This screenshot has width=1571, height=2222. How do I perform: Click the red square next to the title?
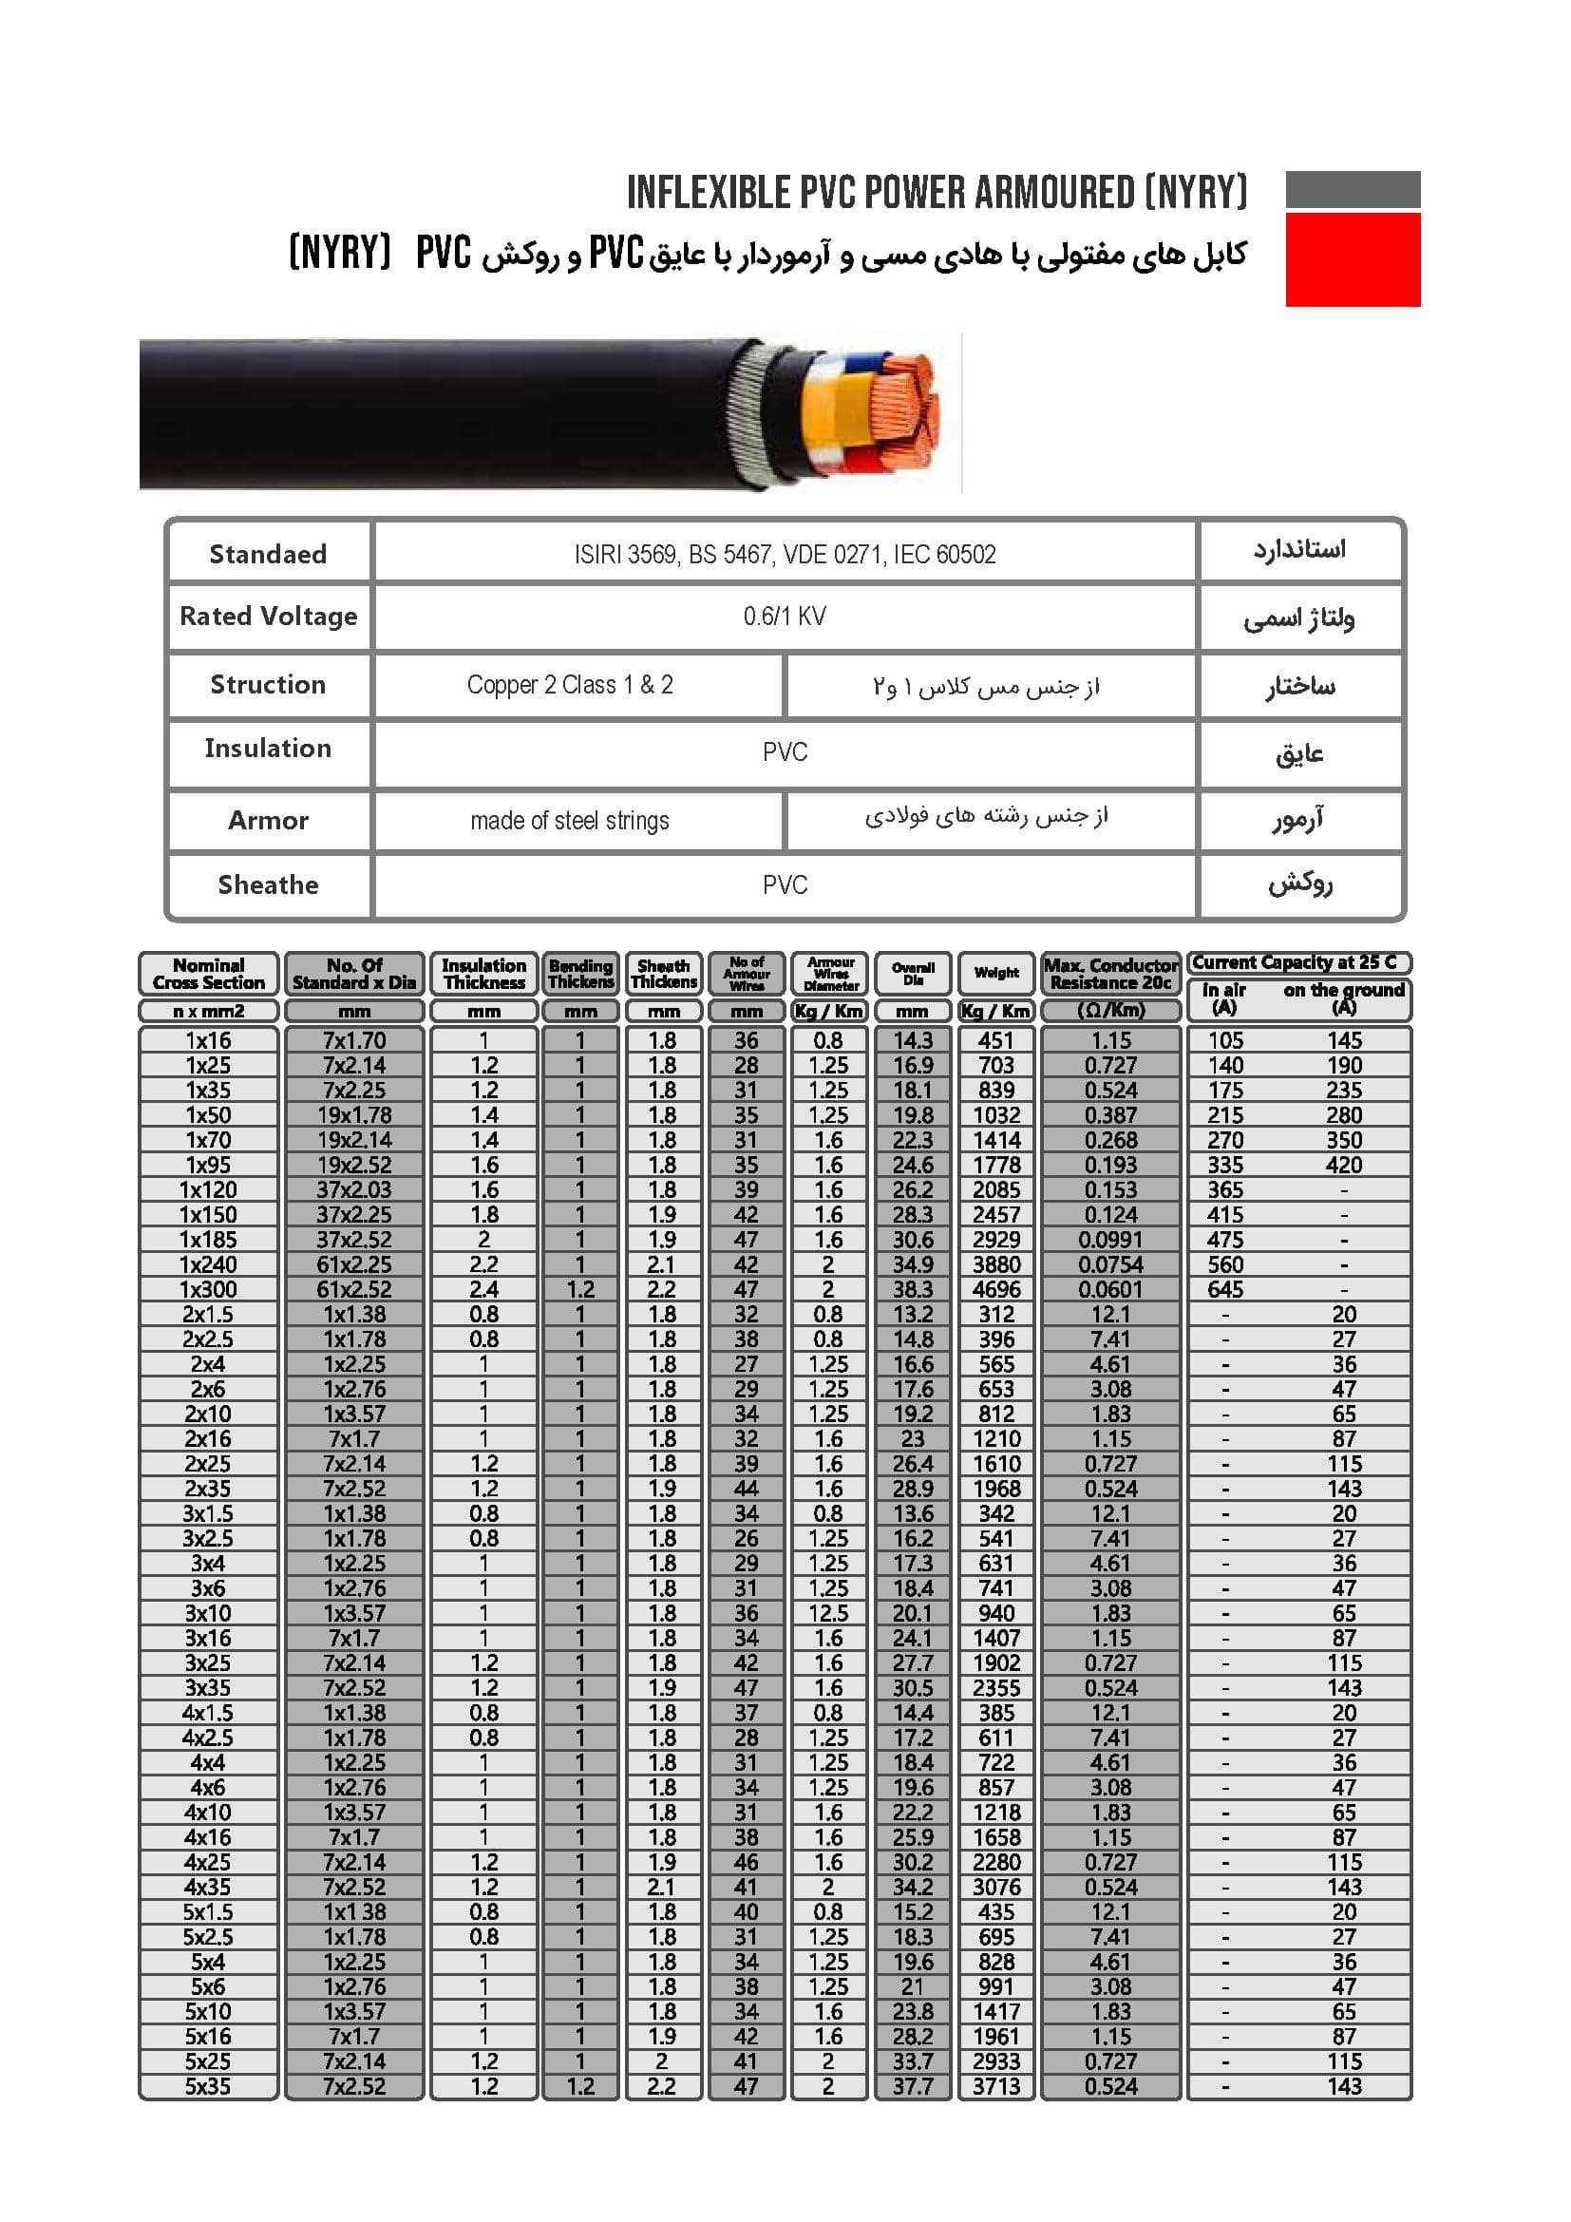(1353, 259)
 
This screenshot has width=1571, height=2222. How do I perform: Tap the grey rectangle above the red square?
(1353, 189)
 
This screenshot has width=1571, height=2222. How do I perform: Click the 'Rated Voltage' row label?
(268, 617)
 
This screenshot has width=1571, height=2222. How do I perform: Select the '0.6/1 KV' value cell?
(785, 617)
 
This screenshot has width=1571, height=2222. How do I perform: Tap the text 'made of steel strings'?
(569, 821)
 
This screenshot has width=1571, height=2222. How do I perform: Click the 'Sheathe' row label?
(268, 884)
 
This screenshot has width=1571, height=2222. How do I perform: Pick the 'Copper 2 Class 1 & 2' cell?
(569, 685)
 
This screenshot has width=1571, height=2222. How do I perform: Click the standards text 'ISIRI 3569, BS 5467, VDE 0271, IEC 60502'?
(785, 555)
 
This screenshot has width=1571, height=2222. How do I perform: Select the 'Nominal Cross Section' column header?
(208, 974)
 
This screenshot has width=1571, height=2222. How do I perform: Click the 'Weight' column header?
(996, 973)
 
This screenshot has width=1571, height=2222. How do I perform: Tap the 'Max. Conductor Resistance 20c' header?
(1110, 974)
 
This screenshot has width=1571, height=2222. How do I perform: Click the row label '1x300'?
(208, 1289)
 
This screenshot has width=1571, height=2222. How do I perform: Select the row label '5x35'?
(208, 2086)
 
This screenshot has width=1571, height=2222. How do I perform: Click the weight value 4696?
(996, 1289)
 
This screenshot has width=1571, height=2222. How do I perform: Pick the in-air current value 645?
(1224, 1289)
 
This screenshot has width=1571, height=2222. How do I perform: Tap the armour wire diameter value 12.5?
(829, 1613)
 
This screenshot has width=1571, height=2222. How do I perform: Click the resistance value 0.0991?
(1110, 1240)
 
